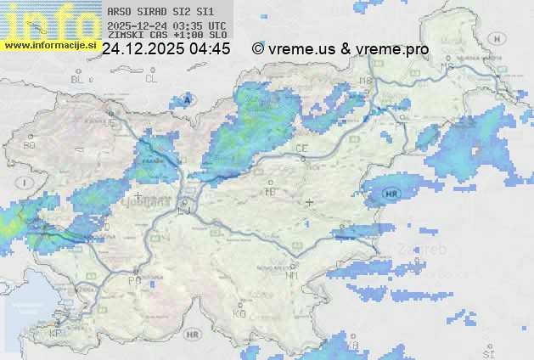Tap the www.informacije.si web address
[48, 44]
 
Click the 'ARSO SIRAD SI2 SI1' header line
[160, 12]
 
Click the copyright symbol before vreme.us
[258, 49]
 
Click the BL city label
[78, 79]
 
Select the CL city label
[151, 79]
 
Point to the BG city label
[30, 145]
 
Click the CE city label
[301, 149]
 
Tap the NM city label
[293, 275]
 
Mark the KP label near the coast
[56, 334]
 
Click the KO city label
[239, 313]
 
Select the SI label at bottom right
[487, 352]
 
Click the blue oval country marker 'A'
[186, 99]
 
